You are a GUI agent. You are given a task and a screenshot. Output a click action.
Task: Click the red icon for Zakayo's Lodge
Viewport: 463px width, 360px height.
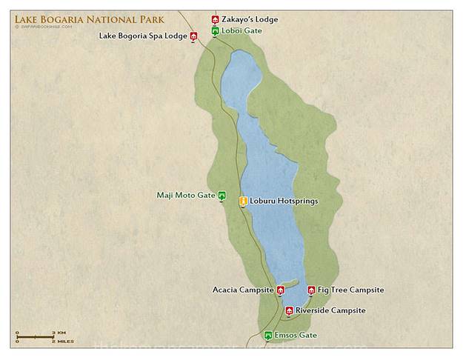(x=215, y=20)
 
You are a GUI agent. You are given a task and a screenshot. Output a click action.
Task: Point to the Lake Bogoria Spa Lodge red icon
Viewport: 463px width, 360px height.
(x=193, y=36)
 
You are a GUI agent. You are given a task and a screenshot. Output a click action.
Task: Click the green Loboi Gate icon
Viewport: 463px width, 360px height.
(x=215, y=31)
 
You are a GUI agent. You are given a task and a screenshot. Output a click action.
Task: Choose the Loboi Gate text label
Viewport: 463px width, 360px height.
(x=242, y=31)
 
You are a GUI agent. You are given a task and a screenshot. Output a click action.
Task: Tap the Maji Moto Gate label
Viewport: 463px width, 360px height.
(x=185, y=195)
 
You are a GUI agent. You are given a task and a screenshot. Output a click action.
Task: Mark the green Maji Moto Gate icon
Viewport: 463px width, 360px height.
(x=221, y=196)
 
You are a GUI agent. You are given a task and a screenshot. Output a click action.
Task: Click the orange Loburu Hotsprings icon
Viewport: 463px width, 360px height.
(x=242, y=201)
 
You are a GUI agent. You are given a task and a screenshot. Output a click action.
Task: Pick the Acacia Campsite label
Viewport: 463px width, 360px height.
(x=243, y=290)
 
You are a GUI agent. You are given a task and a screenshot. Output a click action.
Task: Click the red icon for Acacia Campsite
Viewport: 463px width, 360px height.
(x=281, y=290)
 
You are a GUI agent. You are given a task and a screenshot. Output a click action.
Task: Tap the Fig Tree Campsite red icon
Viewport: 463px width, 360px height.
(x=311, y=290)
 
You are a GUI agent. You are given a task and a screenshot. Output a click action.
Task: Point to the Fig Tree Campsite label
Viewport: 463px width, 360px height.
(x=350, y=290)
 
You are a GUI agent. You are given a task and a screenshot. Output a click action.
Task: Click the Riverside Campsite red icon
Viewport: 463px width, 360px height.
(x=289, y=311)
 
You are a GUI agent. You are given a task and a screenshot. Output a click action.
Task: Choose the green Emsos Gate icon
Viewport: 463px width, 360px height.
(x=268, y=336)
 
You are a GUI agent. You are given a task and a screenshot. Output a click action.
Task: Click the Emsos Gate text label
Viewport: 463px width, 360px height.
(x=296, y=336)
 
